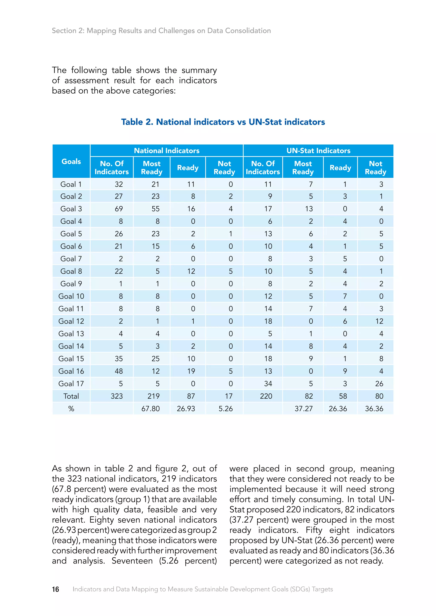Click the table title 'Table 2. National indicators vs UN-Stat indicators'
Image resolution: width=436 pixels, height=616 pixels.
tap(223, 122)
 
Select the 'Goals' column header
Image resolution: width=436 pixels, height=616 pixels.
tap(71, 161)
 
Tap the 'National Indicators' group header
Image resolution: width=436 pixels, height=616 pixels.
tap(166, 151)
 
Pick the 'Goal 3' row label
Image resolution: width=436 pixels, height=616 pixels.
tap(71, 209)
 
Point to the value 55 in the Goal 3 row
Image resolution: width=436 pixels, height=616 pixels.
tap(155, 209)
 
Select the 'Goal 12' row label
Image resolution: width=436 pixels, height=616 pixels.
tap(71, 321)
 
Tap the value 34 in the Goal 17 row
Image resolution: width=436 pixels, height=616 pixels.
tap(268, 384)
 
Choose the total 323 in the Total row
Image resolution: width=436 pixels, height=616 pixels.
tap(117, 396)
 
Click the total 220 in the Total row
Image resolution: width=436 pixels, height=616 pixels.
tap(266, 396)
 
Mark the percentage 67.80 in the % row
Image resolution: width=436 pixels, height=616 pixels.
tap(151, 409)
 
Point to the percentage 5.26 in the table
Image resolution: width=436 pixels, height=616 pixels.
tap(225, 409)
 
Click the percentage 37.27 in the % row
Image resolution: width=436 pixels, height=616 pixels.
tap(304, 409)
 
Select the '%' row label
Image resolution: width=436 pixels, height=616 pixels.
tap(71, 409)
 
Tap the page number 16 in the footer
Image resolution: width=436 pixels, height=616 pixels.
tap(55, 589)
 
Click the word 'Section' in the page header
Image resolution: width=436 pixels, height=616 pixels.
tap(64, 31)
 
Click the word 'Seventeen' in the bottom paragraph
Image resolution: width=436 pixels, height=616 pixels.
tap(132, 561)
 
